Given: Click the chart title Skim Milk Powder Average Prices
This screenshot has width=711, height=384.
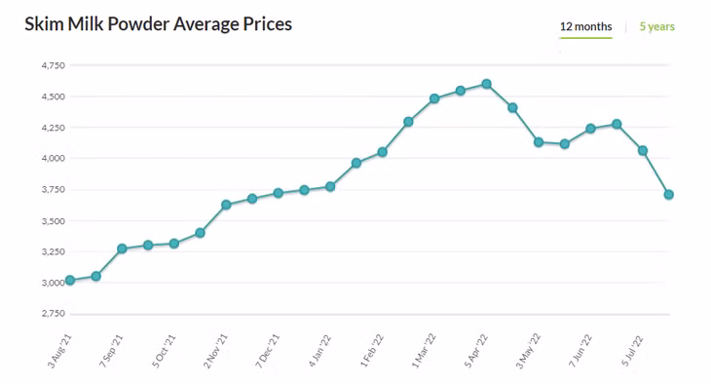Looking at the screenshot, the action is point(158,24).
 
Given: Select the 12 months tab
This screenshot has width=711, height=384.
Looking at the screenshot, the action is point(586,26).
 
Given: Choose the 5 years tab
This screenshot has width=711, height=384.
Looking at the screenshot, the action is point(657,26).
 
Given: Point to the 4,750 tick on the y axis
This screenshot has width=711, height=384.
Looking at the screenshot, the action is point(54,65).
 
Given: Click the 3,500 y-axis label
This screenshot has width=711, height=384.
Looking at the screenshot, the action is point(54,221).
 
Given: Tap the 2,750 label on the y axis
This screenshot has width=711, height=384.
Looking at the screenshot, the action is point(54,314).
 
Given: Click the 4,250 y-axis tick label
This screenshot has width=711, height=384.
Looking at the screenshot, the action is point(54,128).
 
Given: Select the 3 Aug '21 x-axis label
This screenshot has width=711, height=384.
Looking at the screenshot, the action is point(59,351).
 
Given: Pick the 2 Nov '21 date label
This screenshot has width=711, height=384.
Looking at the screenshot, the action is point(215,351).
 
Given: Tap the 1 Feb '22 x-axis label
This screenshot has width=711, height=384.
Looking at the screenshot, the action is point(372,351).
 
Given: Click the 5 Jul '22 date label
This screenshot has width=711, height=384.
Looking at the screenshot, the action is point(632,351).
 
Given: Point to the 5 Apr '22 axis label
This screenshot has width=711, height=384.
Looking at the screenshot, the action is point(475,351).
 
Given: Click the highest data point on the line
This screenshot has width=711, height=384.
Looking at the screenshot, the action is point(487,84).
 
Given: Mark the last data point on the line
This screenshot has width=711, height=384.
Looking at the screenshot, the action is point(669,195).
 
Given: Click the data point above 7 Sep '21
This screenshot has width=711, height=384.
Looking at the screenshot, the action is point(122,249).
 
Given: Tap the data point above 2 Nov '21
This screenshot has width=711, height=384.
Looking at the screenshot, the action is point(226,205).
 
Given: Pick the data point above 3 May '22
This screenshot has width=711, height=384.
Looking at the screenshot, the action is point(539,142).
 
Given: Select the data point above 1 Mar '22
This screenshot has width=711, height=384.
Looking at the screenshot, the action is point(434,98).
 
